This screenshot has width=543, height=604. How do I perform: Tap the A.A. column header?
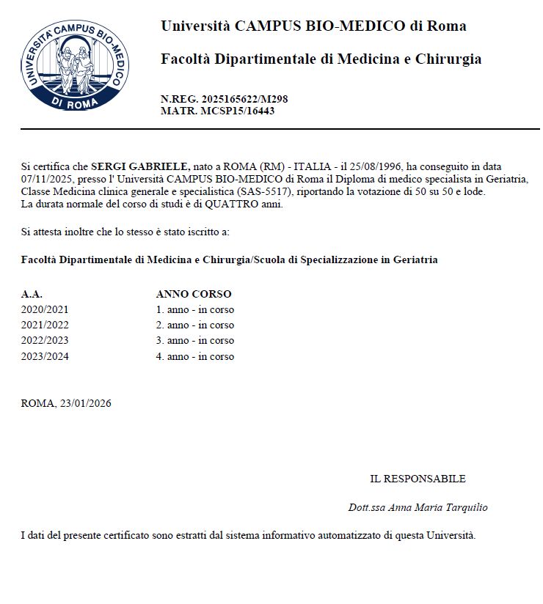click(32, 294)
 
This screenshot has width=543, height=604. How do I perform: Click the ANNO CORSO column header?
click(194, 294)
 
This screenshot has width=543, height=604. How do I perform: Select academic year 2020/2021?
click(45, 309)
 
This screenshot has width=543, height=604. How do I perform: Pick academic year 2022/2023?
click(45, 340)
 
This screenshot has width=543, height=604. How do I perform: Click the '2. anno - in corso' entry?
click(195, 325)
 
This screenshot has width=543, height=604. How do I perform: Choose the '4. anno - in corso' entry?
click(195, 356)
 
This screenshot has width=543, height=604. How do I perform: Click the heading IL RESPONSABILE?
click(418, 479)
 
